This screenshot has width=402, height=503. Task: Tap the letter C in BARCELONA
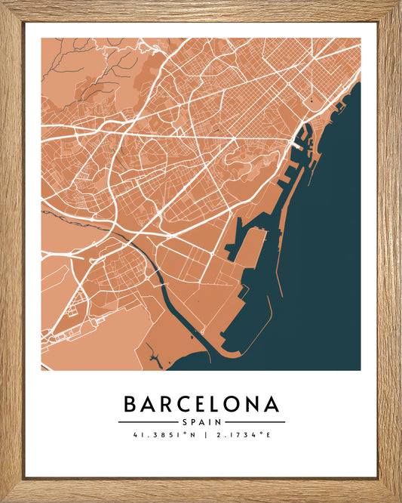point(186,404)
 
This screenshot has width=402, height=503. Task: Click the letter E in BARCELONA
point(203,404)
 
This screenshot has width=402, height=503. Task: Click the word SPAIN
point(201,421)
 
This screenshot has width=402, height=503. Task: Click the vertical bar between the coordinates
point(201,435)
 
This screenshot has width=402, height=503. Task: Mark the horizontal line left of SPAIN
point(147,421)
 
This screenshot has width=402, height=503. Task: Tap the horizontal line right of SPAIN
point(255,421)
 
